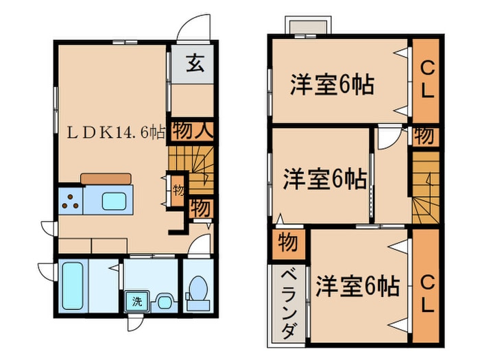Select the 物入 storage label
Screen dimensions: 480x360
(x=192, y=132)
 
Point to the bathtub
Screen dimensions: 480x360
(x=73, y=286)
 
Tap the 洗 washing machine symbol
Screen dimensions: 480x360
(x=137, y=302)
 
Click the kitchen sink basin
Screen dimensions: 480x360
(x=114, y=201)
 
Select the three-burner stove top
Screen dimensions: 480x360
(x=71, y=201)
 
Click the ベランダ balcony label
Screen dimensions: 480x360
(x=289, y=304)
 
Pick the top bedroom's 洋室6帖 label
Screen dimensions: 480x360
(x=332, y=84)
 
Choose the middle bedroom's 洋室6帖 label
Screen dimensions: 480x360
(x=325, y=179)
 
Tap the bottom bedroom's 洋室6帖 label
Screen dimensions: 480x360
(x=358, y=286)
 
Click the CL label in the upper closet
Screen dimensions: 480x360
(x=427, y=79)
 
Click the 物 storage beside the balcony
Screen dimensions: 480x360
(x=288, y=243)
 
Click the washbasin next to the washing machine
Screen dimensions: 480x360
(x=165, y=302)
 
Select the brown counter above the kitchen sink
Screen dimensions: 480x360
(x=106, y=179)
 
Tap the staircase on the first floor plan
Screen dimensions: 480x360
(x=191, y=170)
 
